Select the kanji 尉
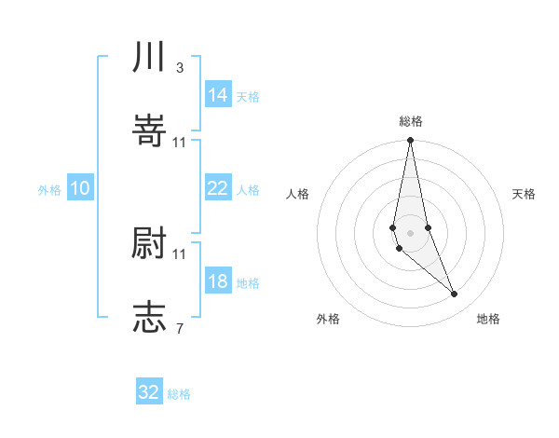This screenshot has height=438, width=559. tap(149, 244)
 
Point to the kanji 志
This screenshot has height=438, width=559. tap(149, 317)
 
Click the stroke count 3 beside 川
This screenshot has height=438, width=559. tap(180, 68)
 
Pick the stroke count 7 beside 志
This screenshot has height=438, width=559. tap(180, 327)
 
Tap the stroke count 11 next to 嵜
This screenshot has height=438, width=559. tap(180, 142)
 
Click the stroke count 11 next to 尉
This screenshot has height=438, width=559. tap(180, 253)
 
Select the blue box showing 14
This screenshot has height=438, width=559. tap(218, 95)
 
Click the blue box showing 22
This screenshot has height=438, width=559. tap(218, 188)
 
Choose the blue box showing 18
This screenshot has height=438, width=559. tap(218, 281)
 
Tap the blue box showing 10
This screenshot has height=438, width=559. tap(80, 188)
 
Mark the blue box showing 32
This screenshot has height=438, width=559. tap(149, 392)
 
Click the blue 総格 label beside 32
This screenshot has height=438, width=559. tap(179, 394)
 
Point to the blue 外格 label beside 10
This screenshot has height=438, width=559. tap(49, 190)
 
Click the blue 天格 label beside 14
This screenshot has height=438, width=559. tap(248, 97)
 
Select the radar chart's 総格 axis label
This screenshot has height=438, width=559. tap(411, 121)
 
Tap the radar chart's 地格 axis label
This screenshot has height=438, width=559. tap(488, 320)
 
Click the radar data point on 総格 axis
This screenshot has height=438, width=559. tap(410, 141)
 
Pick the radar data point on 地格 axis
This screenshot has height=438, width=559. tap(455, 294)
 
